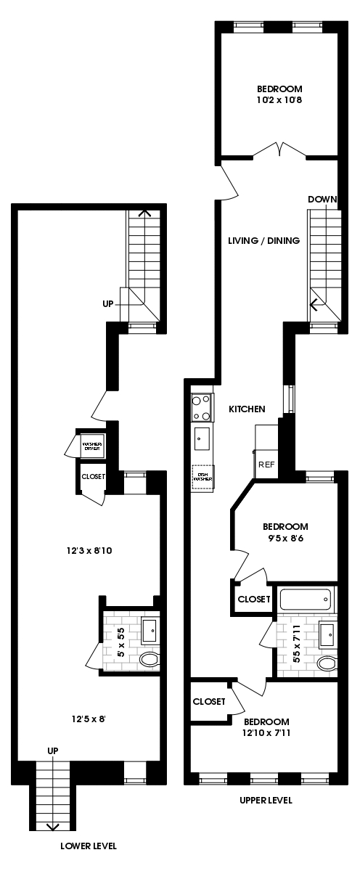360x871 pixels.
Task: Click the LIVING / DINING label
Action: [x=263, y=241]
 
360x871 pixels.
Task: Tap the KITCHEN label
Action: [x=247, y=409]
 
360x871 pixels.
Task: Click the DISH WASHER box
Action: [x=202, y=477]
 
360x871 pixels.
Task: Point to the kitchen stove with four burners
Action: [x=202, y=407]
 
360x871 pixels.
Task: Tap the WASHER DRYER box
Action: [x=91, y=446]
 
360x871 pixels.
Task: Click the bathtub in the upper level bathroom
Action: [x=306, y=600]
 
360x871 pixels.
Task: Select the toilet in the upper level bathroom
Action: [x=327, y=663]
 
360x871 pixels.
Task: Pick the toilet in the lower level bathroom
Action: [x=149, y=660]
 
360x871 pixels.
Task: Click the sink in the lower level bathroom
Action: [x=150, y=630]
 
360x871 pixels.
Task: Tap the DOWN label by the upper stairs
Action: [x=322, y=200]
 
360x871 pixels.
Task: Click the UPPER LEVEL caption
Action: [x=266, y=800]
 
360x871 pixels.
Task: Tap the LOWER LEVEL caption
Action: [x=89, y=846]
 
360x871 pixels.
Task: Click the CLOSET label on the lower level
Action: [x=94, y=477]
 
